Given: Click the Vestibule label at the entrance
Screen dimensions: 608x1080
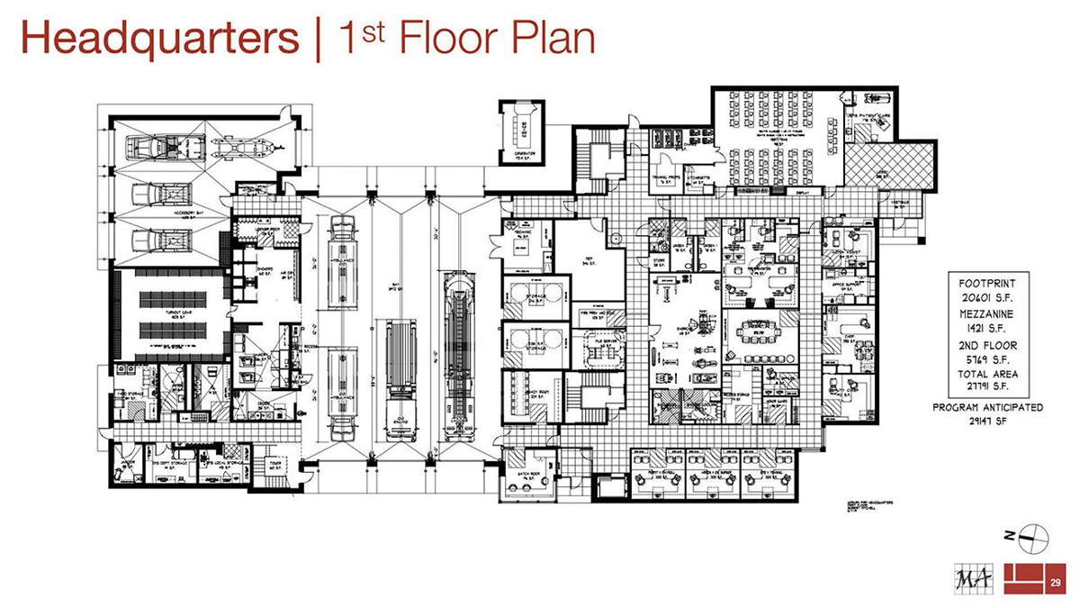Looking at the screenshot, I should (x=900, y=203).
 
